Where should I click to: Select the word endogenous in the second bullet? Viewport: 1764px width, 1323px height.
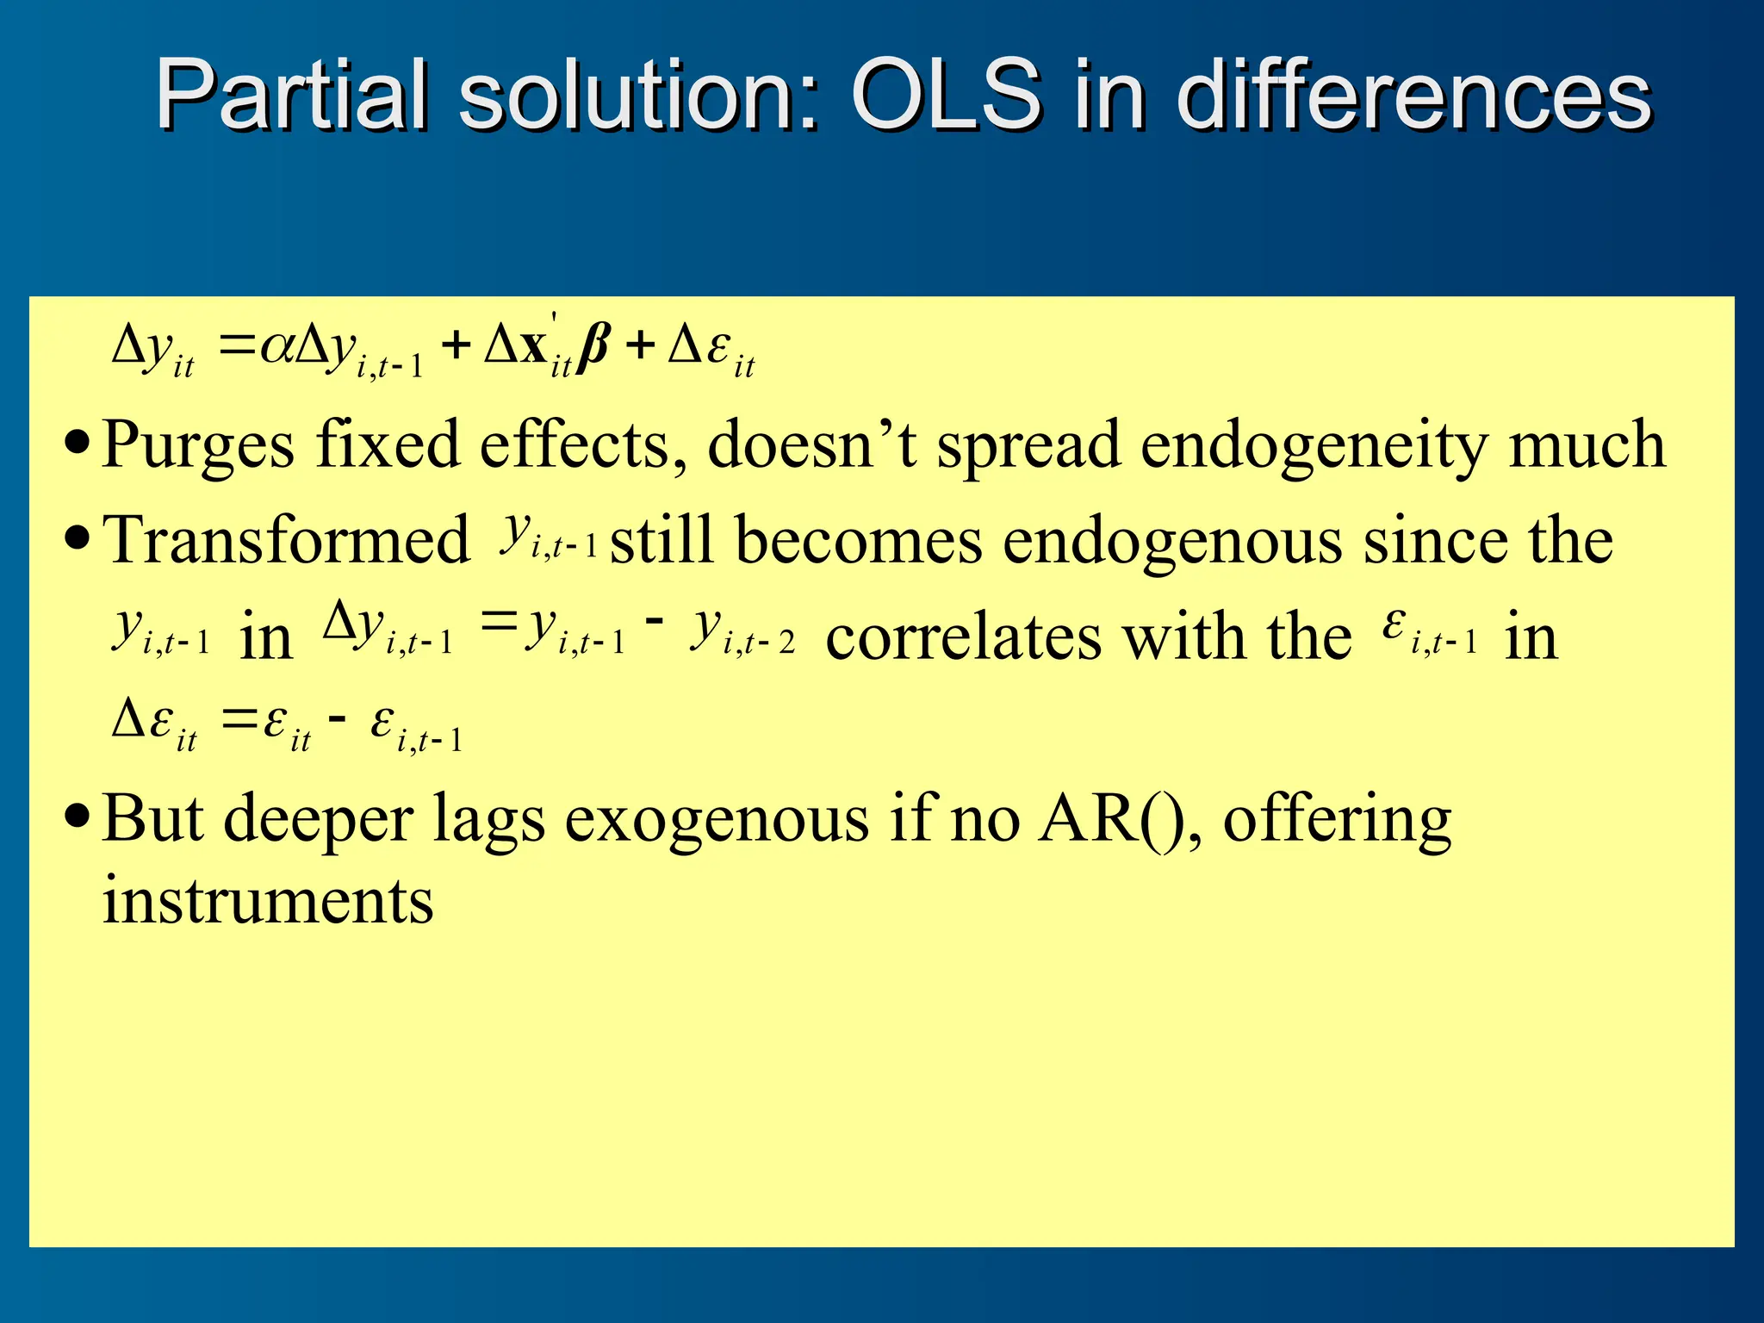pos(1173,541)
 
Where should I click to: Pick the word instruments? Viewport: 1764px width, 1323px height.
pos(268,901)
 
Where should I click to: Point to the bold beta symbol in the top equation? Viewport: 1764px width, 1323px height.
pos(594,347)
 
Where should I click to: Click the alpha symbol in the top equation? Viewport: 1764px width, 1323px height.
pos(276,347)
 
